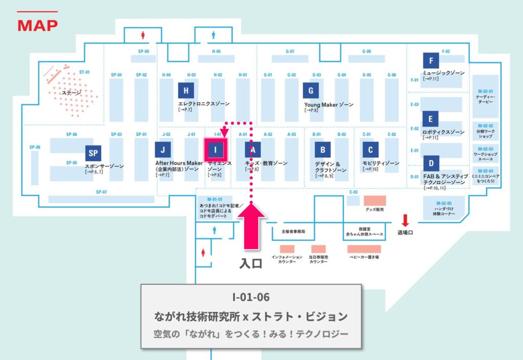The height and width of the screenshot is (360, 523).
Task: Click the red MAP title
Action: point(37,25)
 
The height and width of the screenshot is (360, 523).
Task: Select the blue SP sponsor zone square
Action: point(93,153)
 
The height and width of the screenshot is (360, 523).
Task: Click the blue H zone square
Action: point(186,91)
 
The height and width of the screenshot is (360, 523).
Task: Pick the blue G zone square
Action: point(311,91)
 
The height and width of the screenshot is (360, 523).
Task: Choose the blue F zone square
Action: point(431,61)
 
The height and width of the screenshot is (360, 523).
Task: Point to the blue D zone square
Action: point(431,163)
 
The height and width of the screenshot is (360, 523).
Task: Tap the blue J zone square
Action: point(162,150)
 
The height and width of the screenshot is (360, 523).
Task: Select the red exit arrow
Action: point(405,220)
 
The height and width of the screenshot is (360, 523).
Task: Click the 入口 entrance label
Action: point(251,263)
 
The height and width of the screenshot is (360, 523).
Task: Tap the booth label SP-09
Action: point(143,52)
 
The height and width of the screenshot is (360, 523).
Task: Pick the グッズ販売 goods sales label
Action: point(374,209)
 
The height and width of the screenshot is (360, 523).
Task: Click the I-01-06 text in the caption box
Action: point(251,297)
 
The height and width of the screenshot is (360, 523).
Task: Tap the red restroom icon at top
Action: point(144,35)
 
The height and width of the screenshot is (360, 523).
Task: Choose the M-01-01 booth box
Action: point(215,207)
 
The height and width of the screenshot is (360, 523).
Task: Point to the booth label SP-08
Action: point(35,147)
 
